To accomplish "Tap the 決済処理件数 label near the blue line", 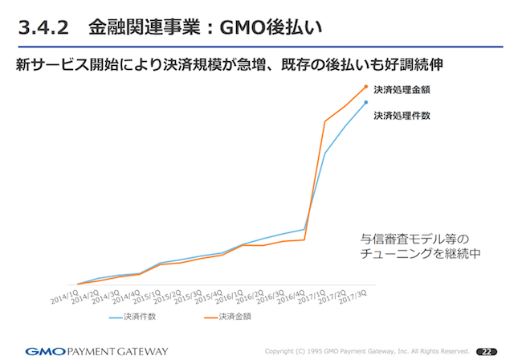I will (402, 116).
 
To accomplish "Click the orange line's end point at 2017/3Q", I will (366, 86).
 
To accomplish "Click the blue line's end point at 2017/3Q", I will (366, 102).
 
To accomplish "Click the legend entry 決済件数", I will (139, 317).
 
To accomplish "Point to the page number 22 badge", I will (486, 351).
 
